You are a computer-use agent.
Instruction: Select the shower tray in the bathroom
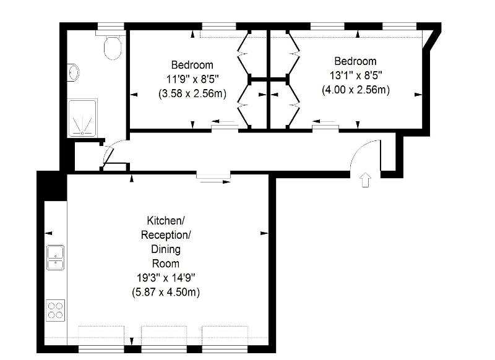point(82,118)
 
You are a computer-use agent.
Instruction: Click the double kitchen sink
point(56,257)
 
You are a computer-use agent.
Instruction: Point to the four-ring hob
point(55,311)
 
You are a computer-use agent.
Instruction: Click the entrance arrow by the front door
point(365,180)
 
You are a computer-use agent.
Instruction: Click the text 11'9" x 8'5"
point(192,79)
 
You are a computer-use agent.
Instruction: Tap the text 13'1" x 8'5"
point(356,75)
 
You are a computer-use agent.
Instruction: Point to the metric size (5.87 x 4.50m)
point(166,292)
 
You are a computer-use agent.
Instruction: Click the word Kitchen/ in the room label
point(166,221)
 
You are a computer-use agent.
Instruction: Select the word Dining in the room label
point(166,249)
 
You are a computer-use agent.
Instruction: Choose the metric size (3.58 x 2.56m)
point(192,93)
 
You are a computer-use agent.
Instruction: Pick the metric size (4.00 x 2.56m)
point(356,90)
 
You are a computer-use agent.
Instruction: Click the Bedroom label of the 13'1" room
point(355,61)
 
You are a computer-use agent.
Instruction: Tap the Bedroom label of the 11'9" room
point(192,65)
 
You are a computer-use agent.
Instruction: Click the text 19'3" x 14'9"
point(166,278)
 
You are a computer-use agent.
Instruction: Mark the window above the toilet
point(110,26)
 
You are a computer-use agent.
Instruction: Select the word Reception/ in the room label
point(166,234)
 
